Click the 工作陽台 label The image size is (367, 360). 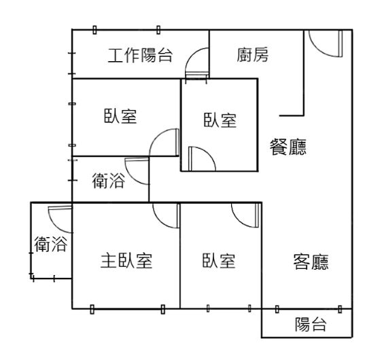140,55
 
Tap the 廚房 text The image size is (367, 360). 252,55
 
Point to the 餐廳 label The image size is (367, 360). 288,147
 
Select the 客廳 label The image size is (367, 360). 311,262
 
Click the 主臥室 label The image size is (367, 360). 126,261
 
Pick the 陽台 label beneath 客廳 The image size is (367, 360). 311,325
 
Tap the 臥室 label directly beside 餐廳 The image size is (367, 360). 220,120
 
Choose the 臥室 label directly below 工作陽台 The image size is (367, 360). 120,116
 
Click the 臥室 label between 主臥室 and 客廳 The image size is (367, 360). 219,261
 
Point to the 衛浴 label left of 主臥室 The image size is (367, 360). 51,245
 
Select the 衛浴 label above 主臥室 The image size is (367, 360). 108,181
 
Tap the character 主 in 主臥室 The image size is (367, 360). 109,261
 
